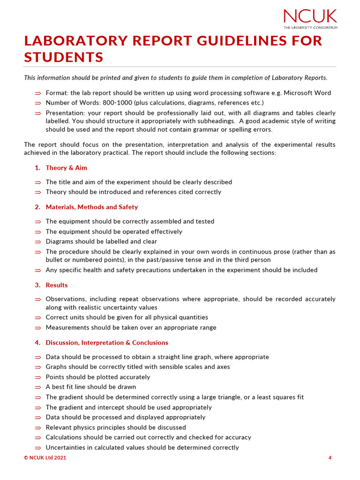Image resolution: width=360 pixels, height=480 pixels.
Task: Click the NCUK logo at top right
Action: pos(310,18)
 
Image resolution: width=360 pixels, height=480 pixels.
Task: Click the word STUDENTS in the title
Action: pos(63,57)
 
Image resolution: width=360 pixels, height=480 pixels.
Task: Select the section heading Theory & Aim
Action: pos(66,168)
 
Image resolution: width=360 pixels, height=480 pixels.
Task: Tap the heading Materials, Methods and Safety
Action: pos(91,207)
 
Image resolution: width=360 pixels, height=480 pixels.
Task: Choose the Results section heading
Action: pos(56,285)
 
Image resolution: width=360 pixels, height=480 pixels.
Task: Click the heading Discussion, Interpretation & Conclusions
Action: pos(107,343)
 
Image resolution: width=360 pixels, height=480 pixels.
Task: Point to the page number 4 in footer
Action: pos(330,458)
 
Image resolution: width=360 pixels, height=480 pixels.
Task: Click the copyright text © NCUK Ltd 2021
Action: pos(45,458)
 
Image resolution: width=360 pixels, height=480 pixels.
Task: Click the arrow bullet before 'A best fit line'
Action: pos(38,388)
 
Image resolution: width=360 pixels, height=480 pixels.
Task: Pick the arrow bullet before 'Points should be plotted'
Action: pos(38,377)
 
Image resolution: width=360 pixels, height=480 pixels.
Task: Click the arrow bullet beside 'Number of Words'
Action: pos(38,103)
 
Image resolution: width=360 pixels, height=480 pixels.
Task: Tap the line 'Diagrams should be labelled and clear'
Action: pos(101,241)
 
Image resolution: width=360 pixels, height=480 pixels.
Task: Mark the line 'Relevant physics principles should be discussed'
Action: pos(115,427)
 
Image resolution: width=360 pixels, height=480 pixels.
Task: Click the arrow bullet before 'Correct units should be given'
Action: pos(38,318)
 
